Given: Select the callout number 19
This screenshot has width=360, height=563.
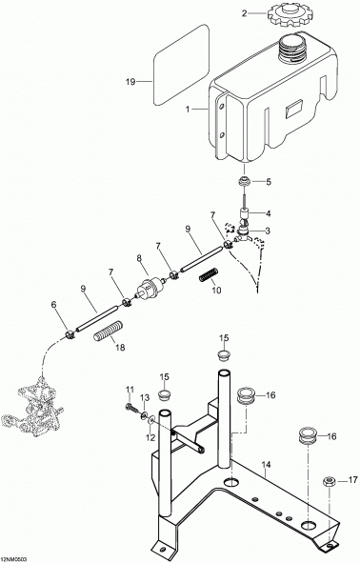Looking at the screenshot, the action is click(130, 82).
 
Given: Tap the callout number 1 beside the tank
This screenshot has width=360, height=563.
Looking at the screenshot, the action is click(188, 110).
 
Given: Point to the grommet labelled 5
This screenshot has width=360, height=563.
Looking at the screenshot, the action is click(245, 181).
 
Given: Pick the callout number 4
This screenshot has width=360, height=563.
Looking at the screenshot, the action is click(268, 213).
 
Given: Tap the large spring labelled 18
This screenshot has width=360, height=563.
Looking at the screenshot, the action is click(109, 332).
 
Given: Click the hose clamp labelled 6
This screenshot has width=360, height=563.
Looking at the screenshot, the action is click(70, 334).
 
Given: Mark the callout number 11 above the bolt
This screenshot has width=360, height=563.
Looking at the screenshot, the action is click(130, 390).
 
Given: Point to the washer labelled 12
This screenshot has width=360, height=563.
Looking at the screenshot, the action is click(151, 420).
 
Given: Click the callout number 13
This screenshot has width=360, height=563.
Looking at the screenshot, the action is click(145, 397).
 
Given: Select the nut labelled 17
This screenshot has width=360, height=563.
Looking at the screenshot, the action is click(329, 481).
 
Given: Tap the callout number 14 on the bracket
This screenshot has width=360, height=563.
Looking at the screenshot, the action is click(266, 465).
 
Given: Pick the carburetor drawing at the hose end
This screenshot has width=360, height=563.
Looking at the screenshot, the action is click(32, 409).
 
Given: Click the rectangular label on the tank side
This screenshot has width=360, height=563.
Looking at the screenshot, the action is click(293, 109).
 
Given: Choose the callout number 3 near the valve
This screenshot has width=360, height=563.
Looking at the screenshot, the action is click(268, 231).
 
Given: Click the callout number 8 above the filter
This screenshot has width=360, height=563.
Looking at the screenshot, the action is click(139, 257).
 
